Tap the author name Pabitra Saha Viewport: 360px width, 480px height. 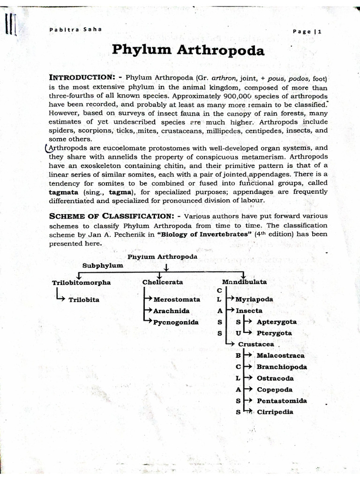(75, 30)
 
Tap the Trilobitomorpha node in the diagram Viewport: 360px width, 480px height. (82, 282)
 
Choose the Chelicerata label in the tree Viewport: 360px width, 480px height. (163, 282)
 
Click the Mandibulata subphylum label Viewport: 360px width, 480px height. (244, 282)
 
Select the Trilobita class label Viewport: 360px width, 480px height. (84, 300)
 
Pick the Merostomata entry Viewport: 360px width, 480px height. (177, 299)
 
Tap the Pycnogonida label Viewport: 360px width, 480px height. (176, 322)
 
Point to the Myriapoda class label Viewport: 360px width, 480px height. (255, 299)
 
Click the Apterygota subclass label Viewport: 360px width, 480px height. (277, 322)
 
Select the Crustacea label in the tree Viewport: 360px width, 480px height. (256, 344)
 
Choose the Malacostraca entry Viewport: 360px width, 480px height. (280, 356)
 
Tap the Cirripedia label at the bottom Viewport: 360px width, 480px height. (275, 412)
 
